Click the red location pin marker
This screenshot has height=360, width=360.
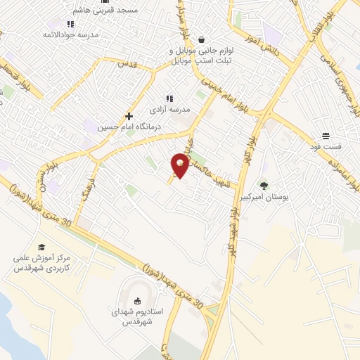coord(180,165)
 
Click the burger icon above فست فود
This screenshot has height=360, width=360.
coord(327,136)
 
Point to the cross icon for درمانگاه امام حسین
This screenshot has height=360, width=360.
coord(129,116)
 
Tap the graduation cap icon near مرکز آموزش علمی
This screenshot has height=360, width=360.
coord(41,247)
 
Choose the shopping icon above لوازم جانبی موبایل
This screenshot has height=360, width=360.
coord(202,40)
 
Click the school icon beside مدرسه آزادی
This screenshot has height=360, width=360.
coord(169,98)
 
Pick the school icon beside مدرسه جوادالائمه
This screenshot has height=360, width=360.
coord(70,24)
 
